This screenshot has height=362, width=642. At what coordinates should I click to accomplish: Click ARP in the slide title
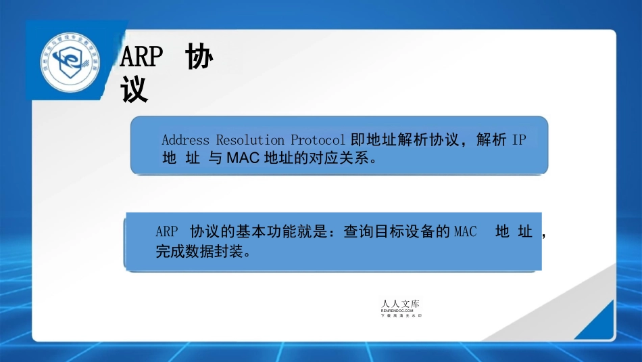141,58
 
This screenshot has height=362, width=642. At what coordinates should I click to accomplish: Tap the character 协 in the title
199,58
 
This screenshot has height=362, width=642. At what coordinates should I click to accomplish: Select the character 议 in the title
134,90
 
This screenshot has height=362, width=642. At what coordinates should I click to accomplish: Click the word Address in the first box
186,140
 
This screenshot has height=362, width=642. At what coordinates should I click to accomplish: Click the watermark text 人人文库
404,304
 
